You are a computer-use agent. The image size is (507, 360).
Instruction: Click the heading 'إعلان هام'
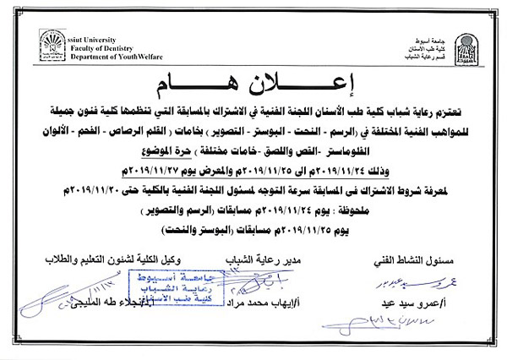(x=253, y=83)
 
